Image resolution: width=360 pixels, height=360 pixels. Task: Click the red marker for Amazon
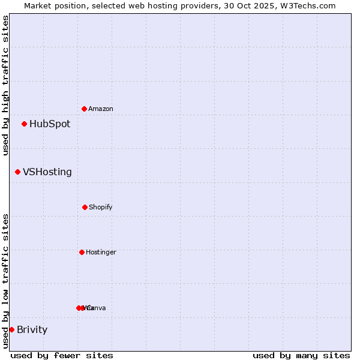(84, 109)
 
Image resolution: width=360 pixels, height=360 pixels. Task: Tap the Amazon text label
(100, 109)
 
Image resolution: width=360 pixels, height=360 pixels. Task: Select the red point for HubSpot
(24, 124)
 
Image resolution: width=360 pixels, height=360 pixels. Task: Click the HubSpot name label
(50, 124)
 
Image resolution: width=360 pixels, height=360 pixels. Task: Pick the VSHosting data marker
(17, 172)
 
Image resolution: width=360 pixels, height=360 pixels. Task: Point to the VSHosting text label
(47, 172)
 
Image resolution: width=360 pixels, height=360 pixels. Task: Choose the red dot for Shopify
(85, 207)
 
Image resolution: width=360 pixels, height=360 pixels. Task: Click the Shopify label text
(100, 207)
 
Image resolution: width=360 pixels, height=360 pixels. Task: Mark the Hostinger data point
(82, 252)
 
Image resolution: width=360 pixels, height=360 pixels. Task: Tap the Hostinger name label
(101, 252)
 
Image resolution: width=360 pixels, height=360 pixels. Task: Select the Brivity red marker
(11, 329)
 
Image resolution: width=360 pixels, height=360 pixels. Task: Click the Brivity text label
(32, 329)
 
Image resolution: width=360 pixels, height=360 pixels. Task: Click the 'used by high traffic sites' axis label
(5, 85)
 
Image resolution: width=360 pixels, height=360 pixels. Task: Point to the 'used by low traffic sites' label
(5, 281)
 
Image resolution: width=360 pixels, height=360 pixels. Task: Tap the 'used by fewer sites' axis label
(62, 355)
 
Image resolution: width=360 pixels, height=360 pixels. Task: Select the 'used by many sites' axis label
(301, 355)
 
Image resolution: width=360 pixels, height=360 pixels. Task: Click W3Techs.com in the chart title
(310, 5)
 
